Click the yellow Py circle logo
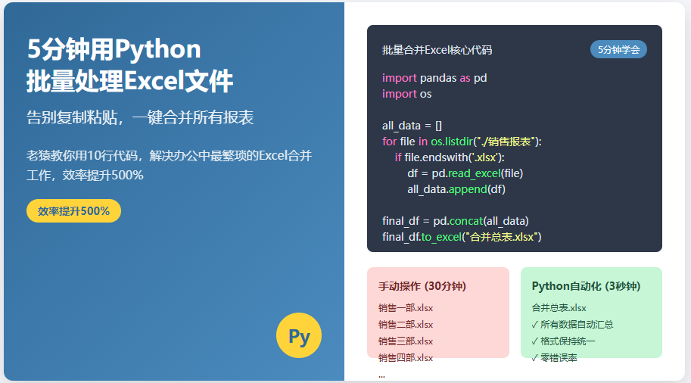[x=299, y=335]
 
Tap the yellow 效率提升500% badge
[x=73, y=210]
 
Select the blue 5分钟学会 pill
[x=618, y=49]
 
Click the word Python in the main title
[x=157, y=49]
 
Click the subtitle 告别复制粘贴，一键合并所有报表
[x=140, y=117]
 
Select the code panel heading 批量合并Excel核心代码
[x=437, y=50]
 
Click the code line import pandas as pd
[x=434, y=78]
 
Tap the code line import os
[x=406, y=94]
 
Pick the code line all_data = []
[x=412, y=126]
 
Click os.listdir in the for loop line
[x=452, y=142]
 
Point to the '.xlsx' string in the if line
[x=484, y=157]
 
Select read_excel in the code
[x=475, y=173]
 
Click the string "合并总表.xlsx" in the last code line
[x=502, y=237]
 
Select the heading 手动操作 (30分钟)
[x=422, y=286]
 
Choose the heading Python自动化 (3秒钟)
[x=586, y=286]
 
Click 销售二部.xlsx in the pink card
[x=406, y=325]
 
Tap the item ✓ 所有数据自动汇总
[x=572, y=325]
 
